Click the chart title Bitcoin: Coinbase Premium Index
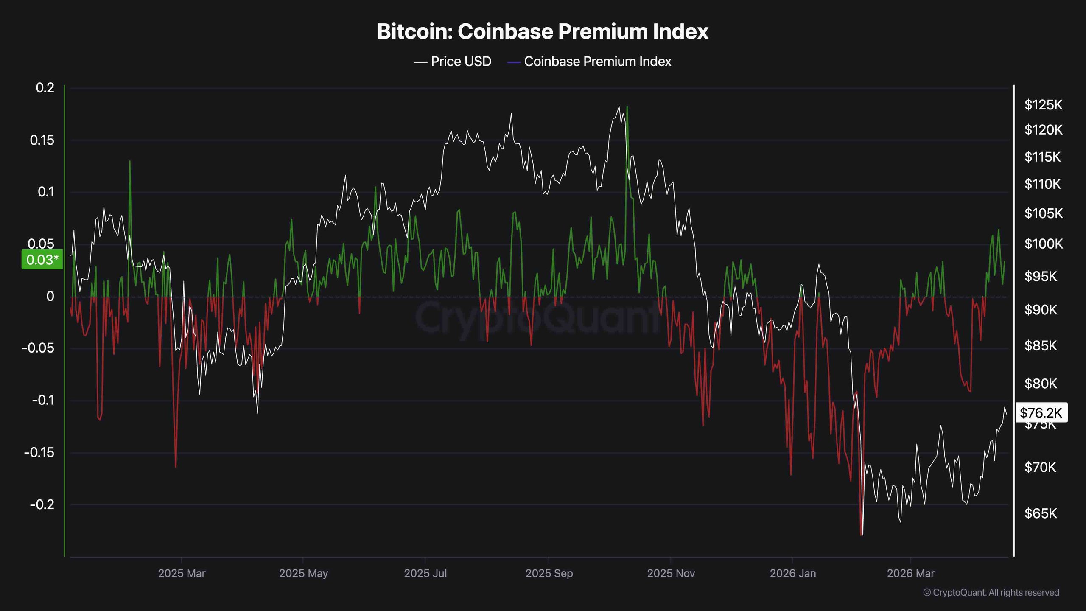point(543,32)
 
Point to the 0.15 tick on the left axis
point(42,140)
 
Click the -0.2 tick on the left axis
point(42,504)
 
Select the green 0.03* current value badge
point(42,260)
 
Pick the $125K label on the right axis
point(1043,105)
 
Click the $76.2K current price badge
point(1041,412)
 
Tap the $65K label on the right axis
point(1041,513)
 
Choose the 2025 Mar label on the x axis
point(182,573)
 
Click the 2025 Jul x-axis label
point(425,573)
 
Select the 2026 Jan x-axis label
point(792,573)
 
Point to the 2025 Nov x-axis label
point(671,573)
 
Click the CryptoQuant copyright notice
point(991,593)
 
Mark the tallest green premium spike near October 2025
point(627,107)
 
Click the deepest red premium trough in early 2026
point(861,534)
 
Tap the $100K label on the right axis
point(1043,244)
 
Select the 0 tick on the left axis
point(50,296)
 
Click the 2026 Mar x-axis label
point(910,573)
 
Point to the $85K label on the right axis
point(1041,346)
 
